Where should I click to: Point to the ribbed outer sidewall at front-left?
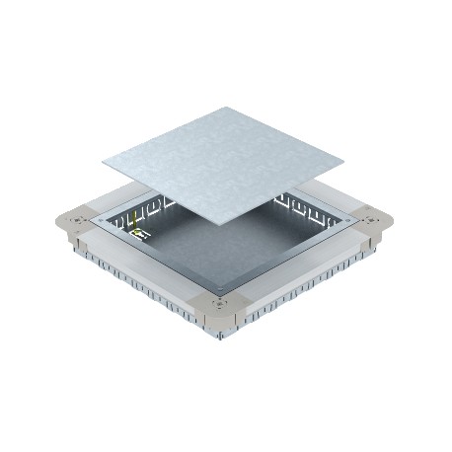point(148,296)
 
